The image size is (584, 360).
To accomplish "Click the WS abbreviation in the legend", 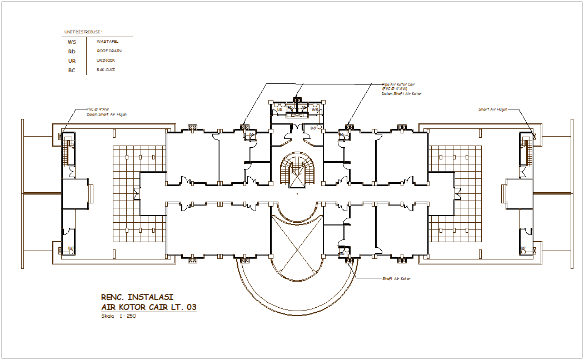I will tap(72, 42).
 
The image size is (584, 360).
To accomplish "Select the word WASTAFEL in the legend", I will tap(107, 41).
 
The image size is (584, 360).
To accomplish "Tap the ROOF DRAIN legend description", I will tap(109, 51).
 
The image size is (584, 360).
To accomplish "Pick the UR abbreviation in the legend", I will tap(72, 61).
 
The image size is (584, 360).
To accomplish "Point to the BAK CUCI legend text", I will tap(106, 70).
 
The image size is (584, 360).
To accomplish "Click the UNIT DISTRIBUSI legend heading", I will tap(83, 32).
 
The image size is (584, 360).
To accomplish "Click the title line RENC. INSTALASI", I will tap(137, 297).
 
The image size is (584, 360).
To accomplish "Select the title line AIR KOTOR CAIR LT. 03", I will tap(148, 307).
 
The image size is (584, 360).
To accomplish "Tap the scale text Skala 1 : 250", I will tap(118, 316).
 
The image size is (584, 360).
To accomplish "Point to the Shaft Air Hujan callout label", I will tap(493, 109).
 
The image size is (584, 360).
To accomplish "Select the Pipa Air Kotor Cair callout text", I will tap(398, 84).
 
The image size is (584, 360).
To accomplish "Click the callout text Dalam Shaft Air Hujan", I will tap(106, 114).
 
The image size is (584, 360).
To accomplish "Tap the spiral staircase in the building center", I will tap(297, 170).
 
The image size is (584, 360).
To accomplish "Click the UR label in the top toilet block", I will tap(280, 110).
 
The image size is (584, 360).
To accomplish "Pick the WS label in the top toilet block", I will tap(315, 110).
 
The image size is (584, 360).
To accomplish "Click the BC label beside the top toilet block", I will tap(313, 128).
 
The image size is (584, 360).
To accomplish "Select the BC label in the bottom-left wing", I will tap(71, 248).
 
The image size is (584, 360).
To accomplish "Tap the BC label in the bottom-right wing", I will tap(523, 248).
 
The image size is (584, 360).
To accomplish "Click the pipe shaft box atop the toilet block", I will tap(297, 100).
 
